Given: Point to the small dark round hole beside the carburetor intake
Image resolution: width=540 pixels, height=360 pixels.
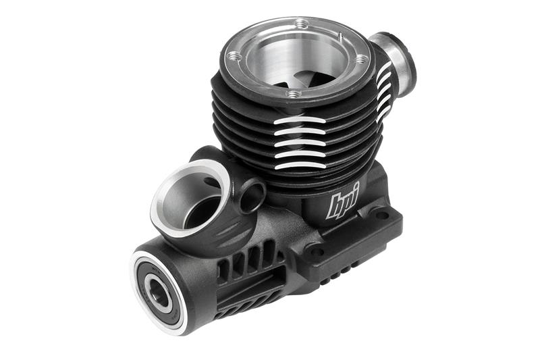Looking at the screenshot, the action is [252, 197].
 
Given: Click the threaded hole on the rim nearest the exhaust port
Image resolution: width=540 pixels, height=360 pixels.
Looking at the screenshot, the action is [360, 61].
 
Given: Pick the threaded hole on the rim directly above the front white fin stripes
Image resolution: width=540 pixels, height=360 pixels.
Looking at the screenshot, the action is [293, 93].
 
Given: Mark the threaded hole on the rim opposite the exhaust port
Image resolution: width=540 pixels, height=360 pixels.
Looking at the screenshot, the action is [234, 55].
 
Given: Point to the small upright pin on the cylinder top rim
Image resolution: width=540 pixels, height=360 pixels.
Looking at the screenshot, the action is [340, 37].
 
